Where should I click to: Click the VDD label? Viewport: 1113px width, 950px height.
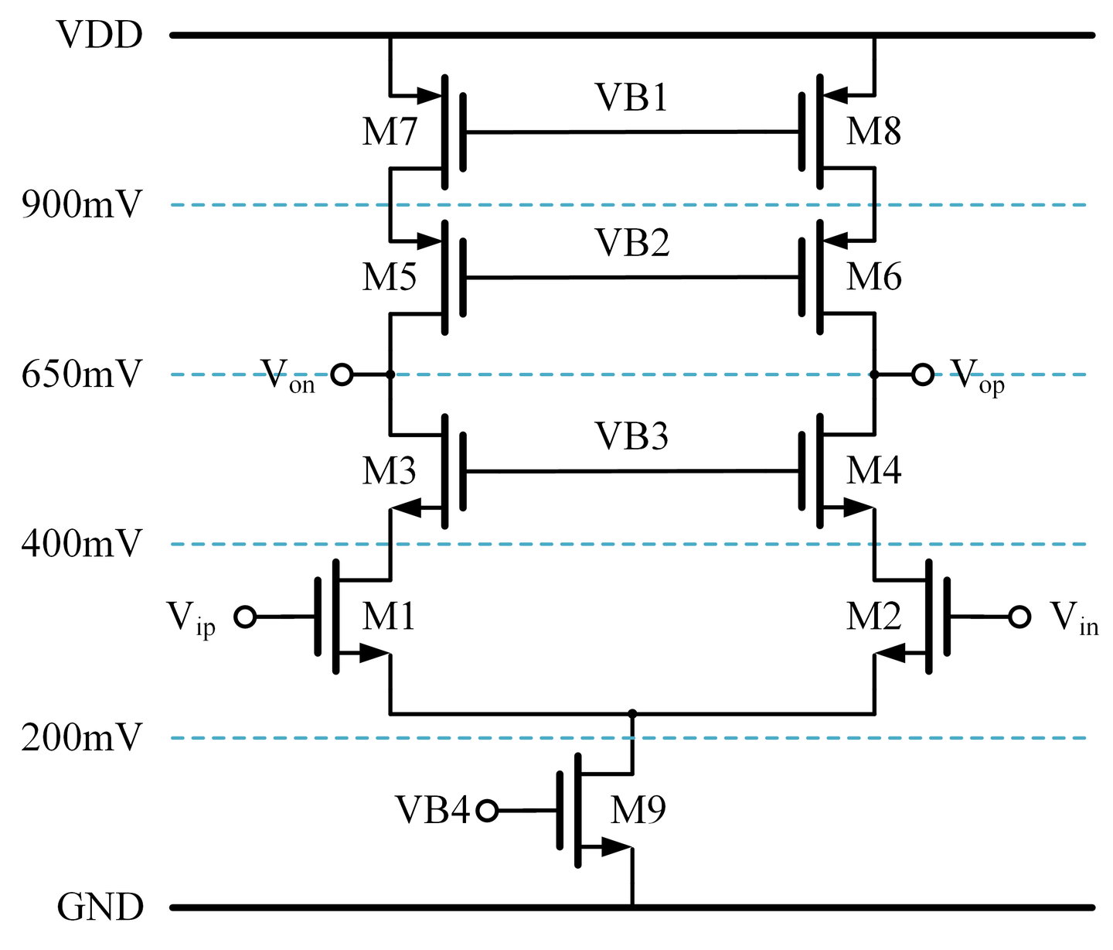coord(100,36)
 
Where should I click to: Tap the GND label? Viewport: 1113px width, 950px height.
coord(100,907)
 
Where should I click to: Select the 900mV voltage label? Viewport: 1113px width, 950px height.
coord(82,205)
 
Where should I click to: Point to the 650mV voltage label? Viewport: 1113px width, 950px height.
coord(82,374)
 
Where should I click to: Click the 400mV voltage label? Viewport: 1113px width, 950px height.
coord(82,545)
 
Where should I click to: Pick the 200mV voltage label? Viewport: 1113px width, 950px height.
coord(82,738)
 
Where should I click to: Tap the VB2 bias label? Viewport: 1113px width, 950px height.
coord(631,243)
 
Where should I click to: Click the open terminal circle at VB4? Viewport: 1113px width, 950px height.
coord(487,811)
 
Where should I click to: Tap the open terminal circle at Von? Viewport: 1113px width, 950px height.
coord(342,375)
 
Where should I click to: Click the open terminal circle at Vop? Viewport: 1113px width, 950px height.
coord(922,375)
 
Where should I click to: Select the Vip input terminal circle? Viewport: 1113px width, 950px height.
coord(245,617)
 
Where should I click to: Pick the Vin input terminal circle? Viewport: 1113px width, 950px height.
coord(1019,617)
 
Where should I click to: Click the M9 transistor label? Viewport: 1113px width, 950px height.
coord(638,811)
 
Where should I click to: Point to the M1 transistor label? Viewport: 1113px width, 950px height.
coord(389,617)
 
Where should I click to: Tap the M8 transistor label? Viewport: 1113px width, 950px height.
coord(873,132)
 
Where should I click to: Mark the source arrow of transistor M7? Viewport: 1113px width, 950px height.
coord(428,96)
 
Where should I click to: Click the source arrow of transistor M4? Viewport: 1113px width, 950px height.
coord(856,508)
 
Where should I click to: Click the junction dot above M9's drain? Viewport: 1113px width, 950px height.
coord(632,713)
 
